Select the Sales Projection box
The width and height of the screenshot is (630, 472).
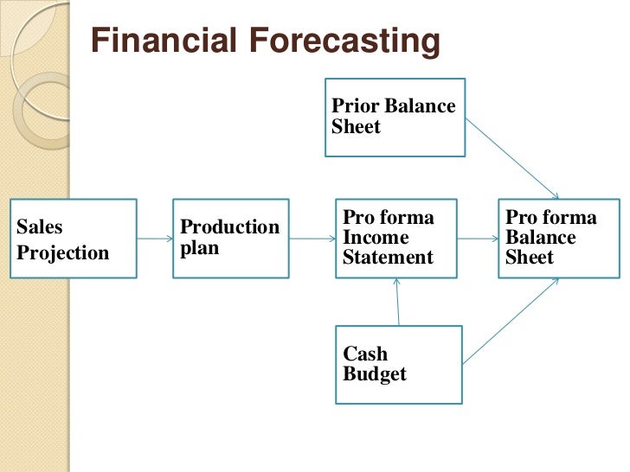click(73, 239)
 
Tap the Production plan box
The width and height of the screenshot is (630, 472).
click(229, 239)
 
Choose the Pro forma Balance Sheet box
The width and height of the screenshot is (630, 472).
click(559, 239)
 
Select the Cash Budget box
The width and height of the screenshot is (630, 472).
click(398, 364)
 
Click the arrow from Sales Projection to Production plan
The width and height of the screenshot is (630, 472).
click(154, 239)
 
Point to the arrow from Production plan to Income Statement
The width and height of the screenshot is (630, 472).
click(310, 239)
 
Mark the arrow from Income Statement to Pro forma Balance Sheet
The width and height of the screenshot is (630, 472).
click(477, 239)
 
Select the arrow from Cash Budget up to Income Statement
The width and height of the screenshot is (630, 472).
click(396, 302)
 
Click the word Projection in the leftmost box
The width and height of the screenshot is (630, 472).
click(63, 253)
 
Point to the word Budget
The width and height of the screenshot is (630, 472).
click(375, 374)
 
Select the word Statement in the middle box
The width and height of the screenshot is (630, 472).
click(388, 257)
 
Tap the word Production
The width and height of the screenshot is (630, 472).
click(229, 227)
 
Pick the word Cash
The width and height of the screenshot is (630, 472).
click(365, 354)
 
